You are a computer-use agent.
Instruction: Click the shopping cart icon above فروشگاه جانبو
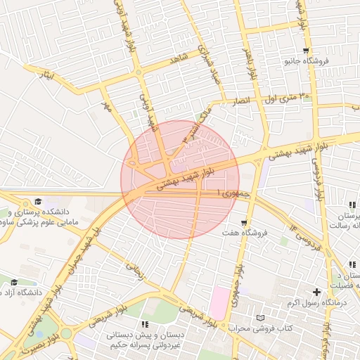[306, 51]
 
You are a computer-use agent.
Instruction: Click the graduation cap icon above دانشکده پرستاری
[37, 201]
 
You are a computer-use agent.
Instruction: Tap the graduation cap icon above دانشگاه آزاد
[14, 282]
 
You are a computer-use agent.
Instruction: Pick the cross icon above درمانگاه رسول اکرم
[316, 292]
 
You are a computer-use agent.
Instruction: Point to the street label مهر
[107, 106]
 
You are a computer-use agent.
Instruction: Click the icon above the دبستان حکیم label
[145, 324]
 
